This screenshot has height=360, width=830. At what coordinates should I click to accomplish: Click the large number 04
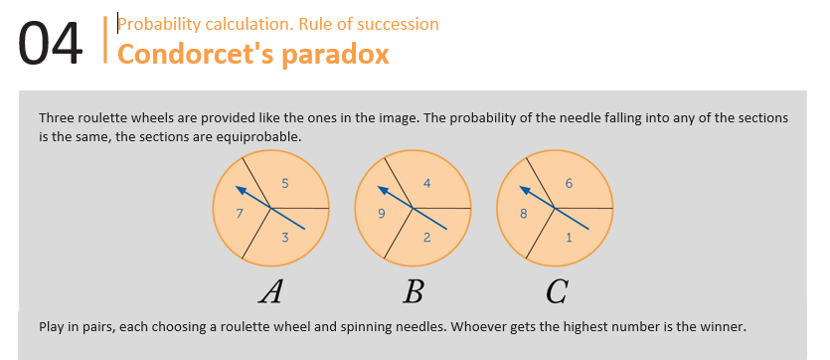51,44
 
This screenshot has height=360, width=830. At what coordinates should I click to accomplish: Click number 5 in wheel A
284,184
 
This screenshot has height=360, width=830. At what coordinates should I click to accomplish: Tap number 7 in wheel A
240,214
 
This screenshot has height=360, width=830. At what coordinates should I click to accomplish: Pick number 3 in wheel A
284,238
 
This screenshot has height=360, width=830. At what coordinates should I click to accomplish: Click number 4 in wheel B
426,184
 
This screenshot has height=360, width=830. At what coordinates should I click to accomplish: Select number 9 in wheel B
381,214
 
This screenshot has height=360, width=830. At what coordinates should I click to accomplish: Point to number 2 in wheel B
426,238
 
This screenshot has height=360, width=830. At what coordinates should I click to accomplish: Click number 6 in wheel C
569,184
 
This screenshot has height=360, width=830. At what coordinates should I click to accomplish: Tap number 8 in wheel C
523,214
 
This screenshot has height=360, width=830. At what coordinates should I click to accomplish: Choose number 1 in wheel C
569,238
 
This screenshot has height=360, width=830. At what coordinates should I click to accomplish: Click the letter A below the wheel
270,291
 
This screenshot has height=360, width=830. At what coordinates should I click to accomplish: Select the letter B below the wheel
413,291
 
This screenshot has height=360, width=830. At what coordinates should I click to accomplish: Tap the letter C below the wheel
558,291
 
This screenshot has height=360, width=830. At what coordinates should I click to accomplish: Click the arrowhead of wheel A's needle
241,189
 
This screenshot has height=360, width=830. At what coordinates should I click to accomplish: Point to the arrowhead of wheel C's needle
524,189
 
